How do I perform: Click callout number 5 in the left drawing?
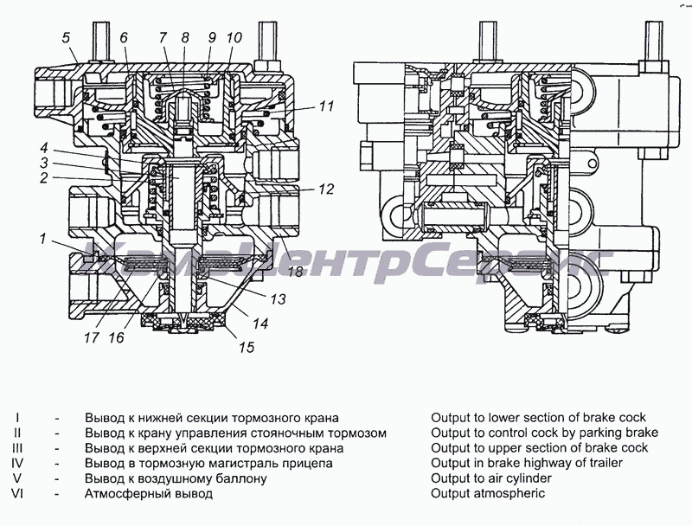[x=66, y=37]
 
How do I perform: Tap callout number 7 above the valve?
[x=163, y=37]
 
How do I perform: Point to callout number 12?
[x=325, y=188]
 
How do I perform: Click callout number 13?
[x=277, y=300]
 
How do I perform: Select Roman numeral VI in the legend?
[x=17, y=494]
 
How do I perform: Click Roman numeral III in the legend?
[x=17, y=448]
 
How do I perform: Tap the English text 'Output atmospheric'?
[x=488, y=494]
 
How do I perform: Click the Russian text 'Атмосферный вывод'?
[x=148, y=494]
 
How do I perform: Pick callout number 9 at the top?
[x=210, y=37]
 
